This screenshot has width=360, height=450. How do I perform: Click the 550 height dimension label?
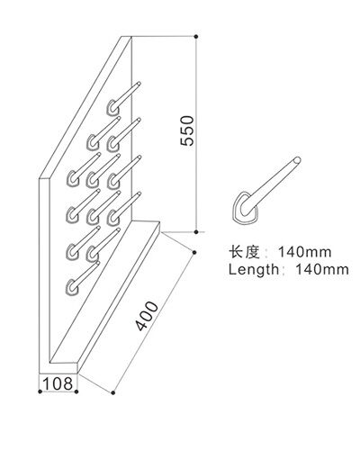click(x=187, y=130)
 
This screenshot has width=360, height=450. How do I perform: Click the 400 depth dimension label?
click(x=147, y=316)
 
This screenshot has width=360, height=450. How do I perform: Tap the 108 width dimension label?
click(x=58, y=383)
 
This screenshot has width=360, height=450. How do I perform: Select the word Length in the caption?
click(x=254, y=269)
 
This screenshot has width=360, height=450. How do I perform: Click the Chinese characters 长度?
click(x=244, y=252)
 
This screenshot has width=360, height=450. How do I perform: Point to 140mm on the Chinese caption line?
click(x=305, y=252)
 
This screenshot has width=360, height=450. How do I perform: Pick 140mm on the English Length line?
click(x=322, y=269)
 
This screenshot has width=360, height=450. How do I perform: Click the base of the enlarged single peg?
click(x=246, y=208)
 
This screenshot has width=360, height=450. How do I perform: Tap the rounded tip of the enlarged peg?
click(x=297, y=160)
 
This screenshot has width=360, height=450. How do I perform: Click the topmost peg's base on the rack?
click(x=112, y=107)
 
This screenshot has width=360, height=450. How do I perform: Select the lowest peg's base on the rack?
click(x=71, y=286)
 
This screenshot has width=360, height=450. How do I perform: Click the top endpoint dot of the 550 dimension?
click(x=196, y=37)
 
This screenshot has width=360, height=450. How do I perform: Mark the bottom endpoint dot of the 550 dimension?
click(x=196, y=232)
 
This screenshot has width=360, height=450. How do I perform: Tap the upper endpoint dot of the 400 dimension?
click(x=194, y=253)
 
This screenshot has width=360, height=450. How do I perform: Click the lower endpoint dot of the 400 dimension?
click(x=113, y=392)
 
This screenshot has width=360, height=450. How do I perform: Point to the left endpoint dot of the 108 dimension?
click(x=40, y=391)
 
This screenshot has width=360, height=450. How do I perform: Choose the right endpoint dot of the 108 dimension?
click(x=76, y=391)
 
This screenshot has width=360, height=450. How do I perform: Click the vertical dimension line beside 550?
click(x=196, y=134)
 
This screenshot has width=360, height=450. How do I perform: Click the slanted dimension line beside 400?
click(x=154, y=322)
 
